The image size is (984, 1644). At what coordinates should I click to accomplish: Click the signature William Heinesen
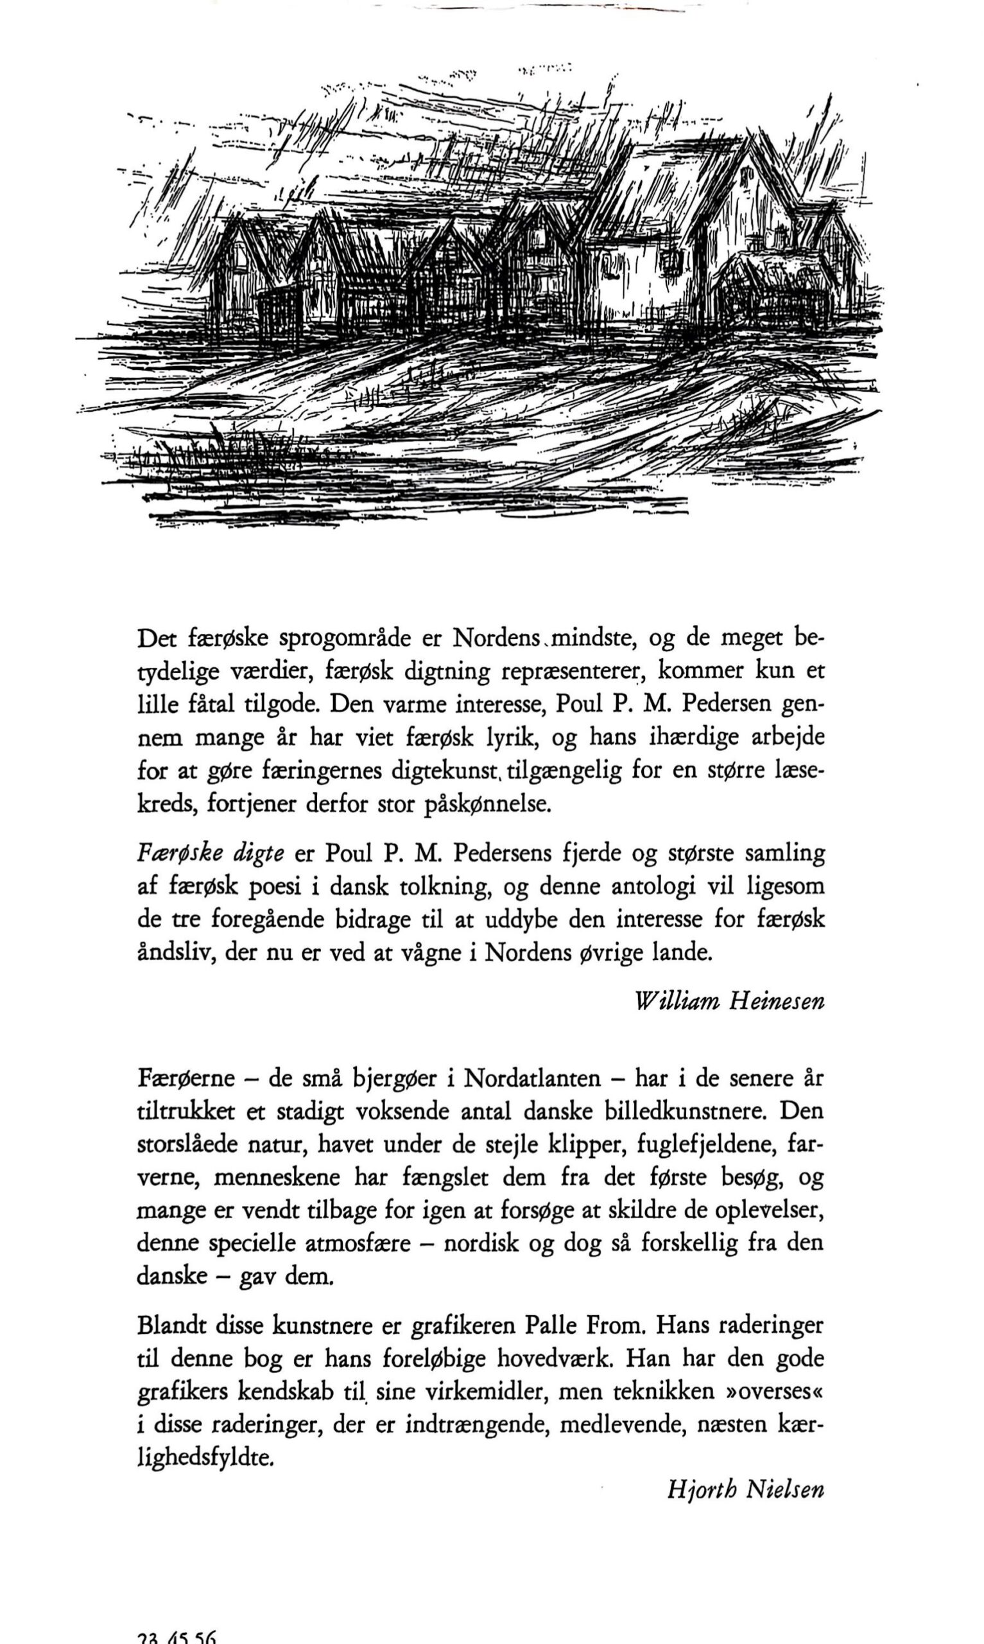[729, 1000]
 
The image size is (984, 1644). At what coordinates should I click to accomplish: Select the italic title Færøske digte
[210, 853]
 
